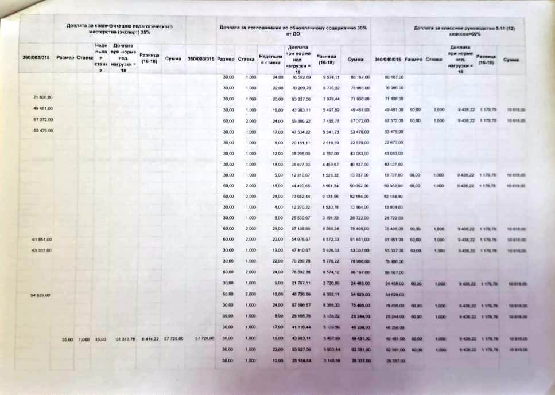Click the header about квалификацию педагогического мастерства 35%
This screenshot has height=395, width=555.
(119, 29)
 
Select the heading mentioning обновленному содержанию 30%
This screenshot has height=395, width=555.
(293, 29)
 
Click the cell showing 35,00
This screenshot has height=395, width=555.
(67, 339)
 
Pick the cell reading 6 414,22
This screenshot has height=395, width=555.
(148, 339)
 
